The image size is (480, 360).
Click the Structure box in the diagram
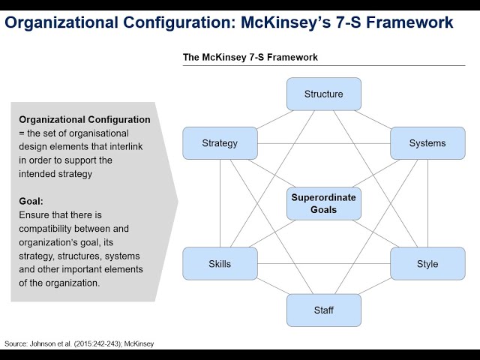pyautogui.click(x=324, y=94)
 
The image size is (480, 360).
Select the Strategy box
pyautogui.click(x=220, y=142)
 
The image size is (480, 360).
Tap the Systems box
pyautogui.click(x=427, y=142)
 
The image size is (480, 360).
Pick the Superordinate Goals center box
pyautogui.click(x=324, y=203)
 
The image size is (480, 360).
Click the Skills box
pyautogui.click(x=220, y=264)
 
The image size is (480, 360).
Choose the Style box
pyautogui.click(x=427, y=264)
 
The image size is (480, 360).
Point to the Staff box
pyautogui.click(x=324, y=310)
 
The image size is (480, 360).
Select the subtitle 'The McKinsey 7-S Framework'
pyautogui.click(x=250, y=57)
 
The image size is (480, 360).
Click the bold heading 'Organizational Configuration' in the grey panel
pyautogui.click(x=84, y=119)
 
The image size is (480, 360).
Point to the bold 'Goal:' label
pyautogui.click(x=31, y=201)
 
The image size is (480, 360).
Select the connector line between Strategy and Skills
pyautogui.click(x=220, y=202)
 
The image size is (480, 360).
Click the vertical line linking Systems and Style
pyautogui.click(x=427, y=202)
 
